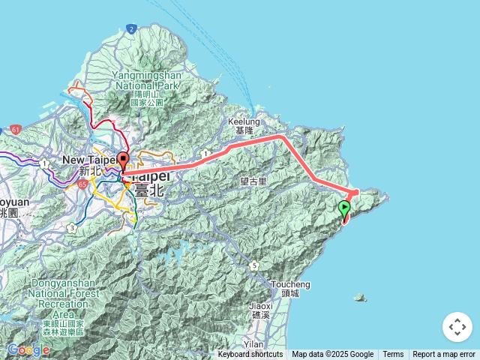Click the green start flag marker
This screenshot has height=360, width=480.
pyautogui.click(x=344, y=208)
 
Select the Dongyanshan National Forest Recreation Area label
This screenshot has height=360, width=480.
pyautogui.click(x=64, y=307)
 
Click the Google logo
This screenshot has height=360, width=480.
pyautogui.click(x=28, y=349)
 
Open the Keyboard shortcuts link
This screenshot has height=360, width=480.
pyautogui.click(x=250, y=355)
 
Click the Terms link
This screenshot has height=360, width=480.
pyautogui.click(x=393, y=355)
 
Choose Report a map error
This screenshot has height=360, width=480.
pyautogui.click(x=444, y=355)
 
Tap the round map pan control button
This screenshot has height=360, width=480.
pyautogui.click(x=457, y=327)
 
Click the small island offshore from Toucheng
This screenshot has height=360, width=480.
pyautogui.click(x=361, y=298)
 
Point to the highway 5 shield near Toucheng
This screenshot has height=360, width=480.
pyautogui.click(x=255, y=265)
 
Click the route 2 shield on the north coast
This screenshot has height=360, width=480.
pyautogui.click(x=131, y=28)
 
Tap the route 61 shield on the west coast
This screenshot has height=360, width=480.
pyautogui.click(x=16, y=130)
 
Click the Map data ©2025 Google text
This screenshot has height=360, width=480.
pyautogui.click(x=332, y=355)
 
